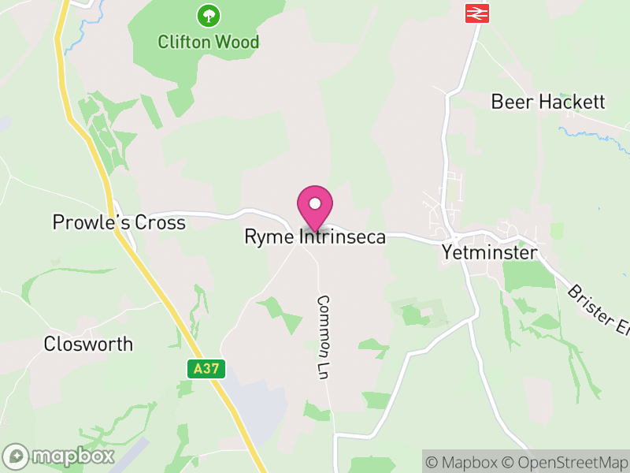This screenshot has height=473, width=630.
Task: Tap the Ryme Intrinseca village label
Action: pos(315,236)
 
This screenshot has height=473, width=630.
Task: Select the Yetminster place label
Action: pos(489,253)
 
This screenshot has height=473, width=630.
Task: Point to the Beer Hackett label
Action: pos(548,102)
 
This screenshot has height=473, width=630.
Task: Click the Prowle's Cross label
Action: pos(119,223)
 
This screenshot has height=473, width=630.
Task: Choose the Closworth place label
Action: pos(88,345)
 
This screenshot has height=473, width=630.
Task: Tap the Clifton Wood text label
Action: pos(208,42)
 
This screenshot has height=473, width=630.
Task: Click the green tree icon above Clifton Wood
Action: pos(208,14)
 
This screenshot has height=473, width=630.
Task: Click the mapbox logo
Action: pos(59,456)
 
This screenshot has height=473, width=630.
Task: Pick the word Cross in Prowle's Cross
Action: pos(161,223)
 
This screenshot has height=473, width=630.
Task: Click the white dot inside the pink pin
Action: pos(315,203)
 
